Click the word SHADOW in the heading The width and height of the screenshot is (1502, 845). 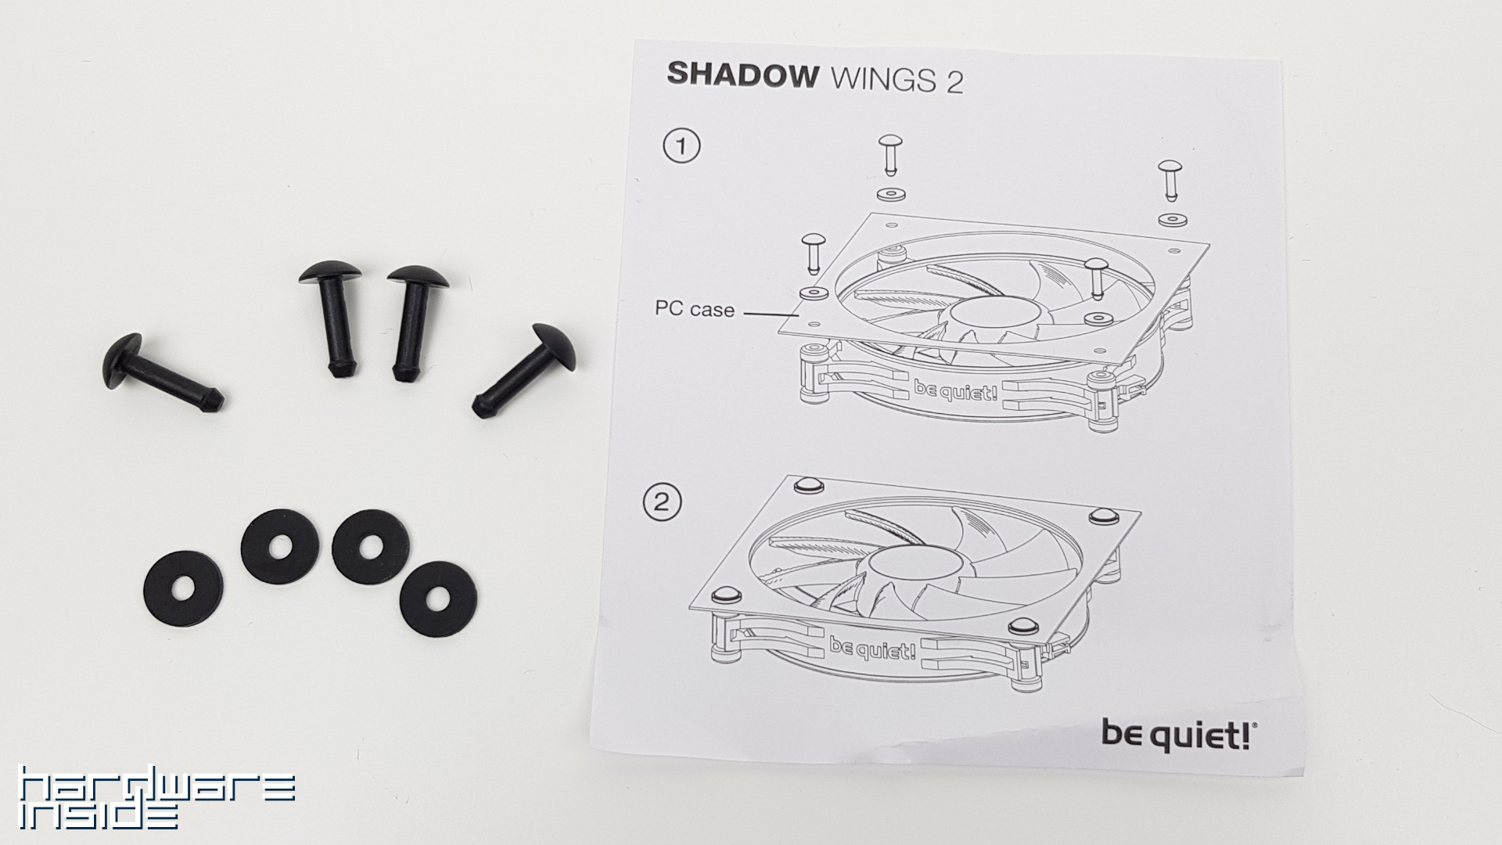tap(742, 74)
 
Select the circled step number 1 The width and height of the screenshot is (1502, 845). tap(681, 146)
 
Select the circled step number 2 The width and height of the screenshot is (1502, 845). tap(662, 502)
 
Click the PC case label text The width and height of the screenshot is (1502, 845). tap(695, 310)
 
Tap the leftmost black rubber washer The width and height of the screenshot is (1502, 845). tap(185, 588)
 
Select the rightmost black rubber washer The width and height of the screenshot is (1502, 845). tap(438, 599)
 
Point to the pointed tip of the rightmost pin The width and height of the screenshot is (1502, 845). tap(480, 407)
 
